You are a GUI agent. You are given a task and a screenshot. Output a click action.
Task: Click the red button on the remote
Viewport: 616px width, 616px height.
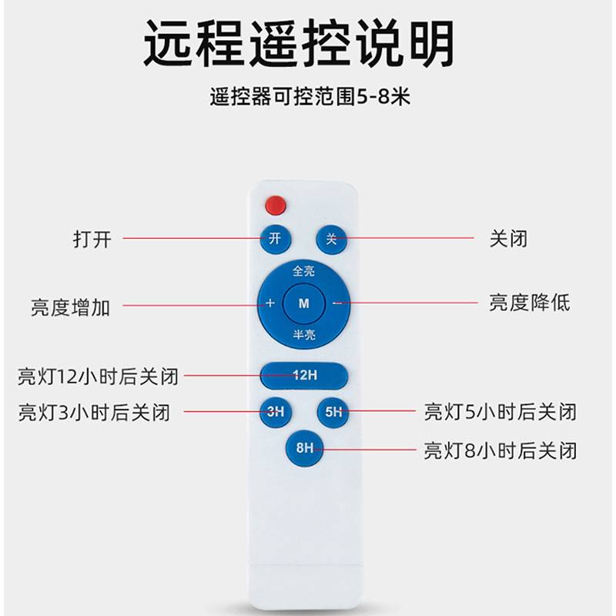coord(275,206)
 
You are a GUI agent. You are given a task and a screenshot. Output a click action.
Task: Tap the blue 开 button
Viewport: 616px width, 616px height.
coord(275,239)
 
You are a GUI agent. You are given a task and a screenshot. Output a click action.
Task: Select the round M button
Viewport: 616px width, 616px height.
coord(303,303)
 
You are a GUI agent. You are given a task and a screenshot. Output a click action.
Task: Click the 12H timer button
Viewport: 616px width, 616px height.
coord(304,376)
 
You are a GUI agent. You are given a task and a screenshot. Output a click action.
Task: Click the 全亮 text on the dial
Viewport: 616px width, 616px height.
coord(303,272)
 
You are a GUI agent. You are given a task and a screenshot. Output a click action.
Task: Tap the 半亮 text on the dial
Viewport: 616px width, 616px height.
coord(303,334)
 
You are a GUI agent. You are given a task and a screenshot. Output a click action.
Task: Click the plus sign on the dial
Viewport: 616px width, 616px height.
coord(270,303)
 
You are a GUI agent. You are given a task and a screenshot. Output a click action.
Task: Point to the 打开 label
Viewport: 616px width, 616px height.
coord(92,239)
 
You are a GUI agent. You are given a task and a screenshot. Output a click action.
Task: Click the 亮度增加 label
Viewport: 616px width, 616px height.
coord(71,306)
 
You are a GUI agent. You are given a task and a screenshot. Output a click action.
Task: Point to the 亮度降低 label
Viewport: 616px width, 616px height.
coord(530,302)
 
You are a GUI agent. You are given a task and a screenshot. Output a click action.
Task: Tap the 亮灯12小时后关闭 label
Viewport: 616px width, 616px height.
coord(99,377)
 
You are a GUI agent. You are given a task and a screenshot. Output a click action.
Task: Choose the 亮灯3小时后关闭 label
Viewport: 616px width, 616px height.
coord(94,412)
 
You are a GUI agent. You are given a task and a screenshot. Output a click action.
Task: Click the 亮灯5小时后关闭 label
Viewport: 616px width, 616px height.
coord(500,412)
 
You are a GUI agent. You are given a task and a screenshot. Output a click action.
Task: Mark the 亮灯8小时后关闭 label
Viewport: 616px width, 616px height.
coord(500,450)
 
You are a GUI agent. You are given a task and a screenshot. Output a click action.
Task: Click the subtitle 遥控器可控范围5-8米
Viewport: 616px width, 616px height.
coord(308,98)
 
